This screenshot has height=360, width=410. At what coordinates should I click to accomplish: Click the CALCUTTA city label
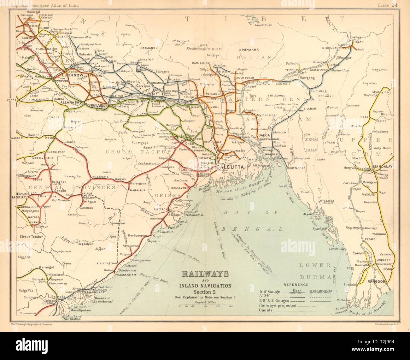(230, 167)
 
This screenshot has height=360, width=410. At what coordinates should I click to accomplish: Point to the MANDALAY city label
(383, 166)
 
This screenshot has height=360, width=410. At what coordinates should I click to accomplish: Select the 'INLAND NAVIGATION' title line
(206, 286)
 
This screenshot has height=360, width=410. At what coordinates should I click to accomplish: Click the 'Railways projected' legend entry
(278, 305)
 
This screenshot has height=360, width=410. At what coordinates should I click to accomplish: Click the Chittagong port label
(296, 168)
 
